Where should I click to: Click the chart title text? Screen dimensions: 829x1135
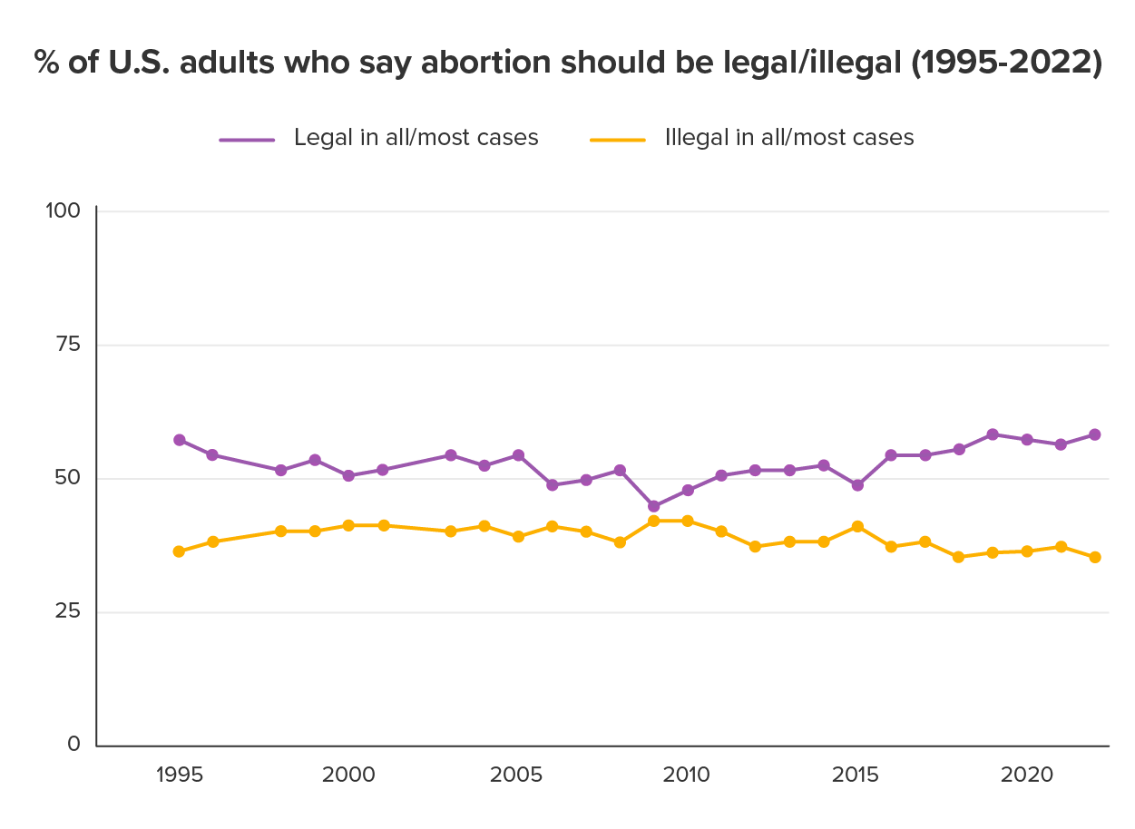click(567, 64)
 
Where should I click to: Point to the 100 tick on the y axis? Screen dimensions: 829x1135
click(63, 210)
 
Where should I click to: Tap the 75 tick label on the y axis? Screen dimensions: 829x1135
click(68, 345)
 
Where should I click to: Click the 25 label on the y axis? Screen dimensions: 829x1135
click(68, 612)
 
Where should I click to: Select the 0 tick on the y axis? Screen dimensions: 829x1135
click(75, 746)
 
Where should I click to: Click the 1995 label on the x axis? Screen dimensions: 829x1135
click(179, 776)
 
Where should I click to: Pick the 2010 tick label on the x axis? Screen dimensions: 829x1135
click(687, 776)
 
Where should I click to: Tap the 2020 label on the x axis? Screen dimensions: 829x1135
click(1026, 776)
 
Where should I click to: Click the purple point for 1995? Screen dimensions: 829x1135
click(179, 440)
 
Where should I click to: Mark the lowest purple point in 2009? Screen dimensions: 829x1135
click(653, 506)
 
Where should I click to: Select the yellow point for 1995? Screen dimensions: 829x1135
click(179, 551)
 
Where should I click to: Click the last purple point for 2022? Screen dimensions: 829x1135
click(1094, 434)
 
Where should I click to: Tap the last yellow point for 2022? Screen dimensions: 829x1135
click(1094, 557)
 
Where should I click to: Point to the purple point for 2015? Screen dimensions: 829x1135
click(856, 485)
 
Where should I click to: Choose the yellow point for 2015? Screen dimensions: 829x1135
click(856, 526)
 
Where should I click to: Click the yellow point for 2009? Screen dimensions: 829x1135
click(653, 521)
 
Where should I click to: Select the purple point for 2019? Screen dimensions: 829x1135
click(993, 434)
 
